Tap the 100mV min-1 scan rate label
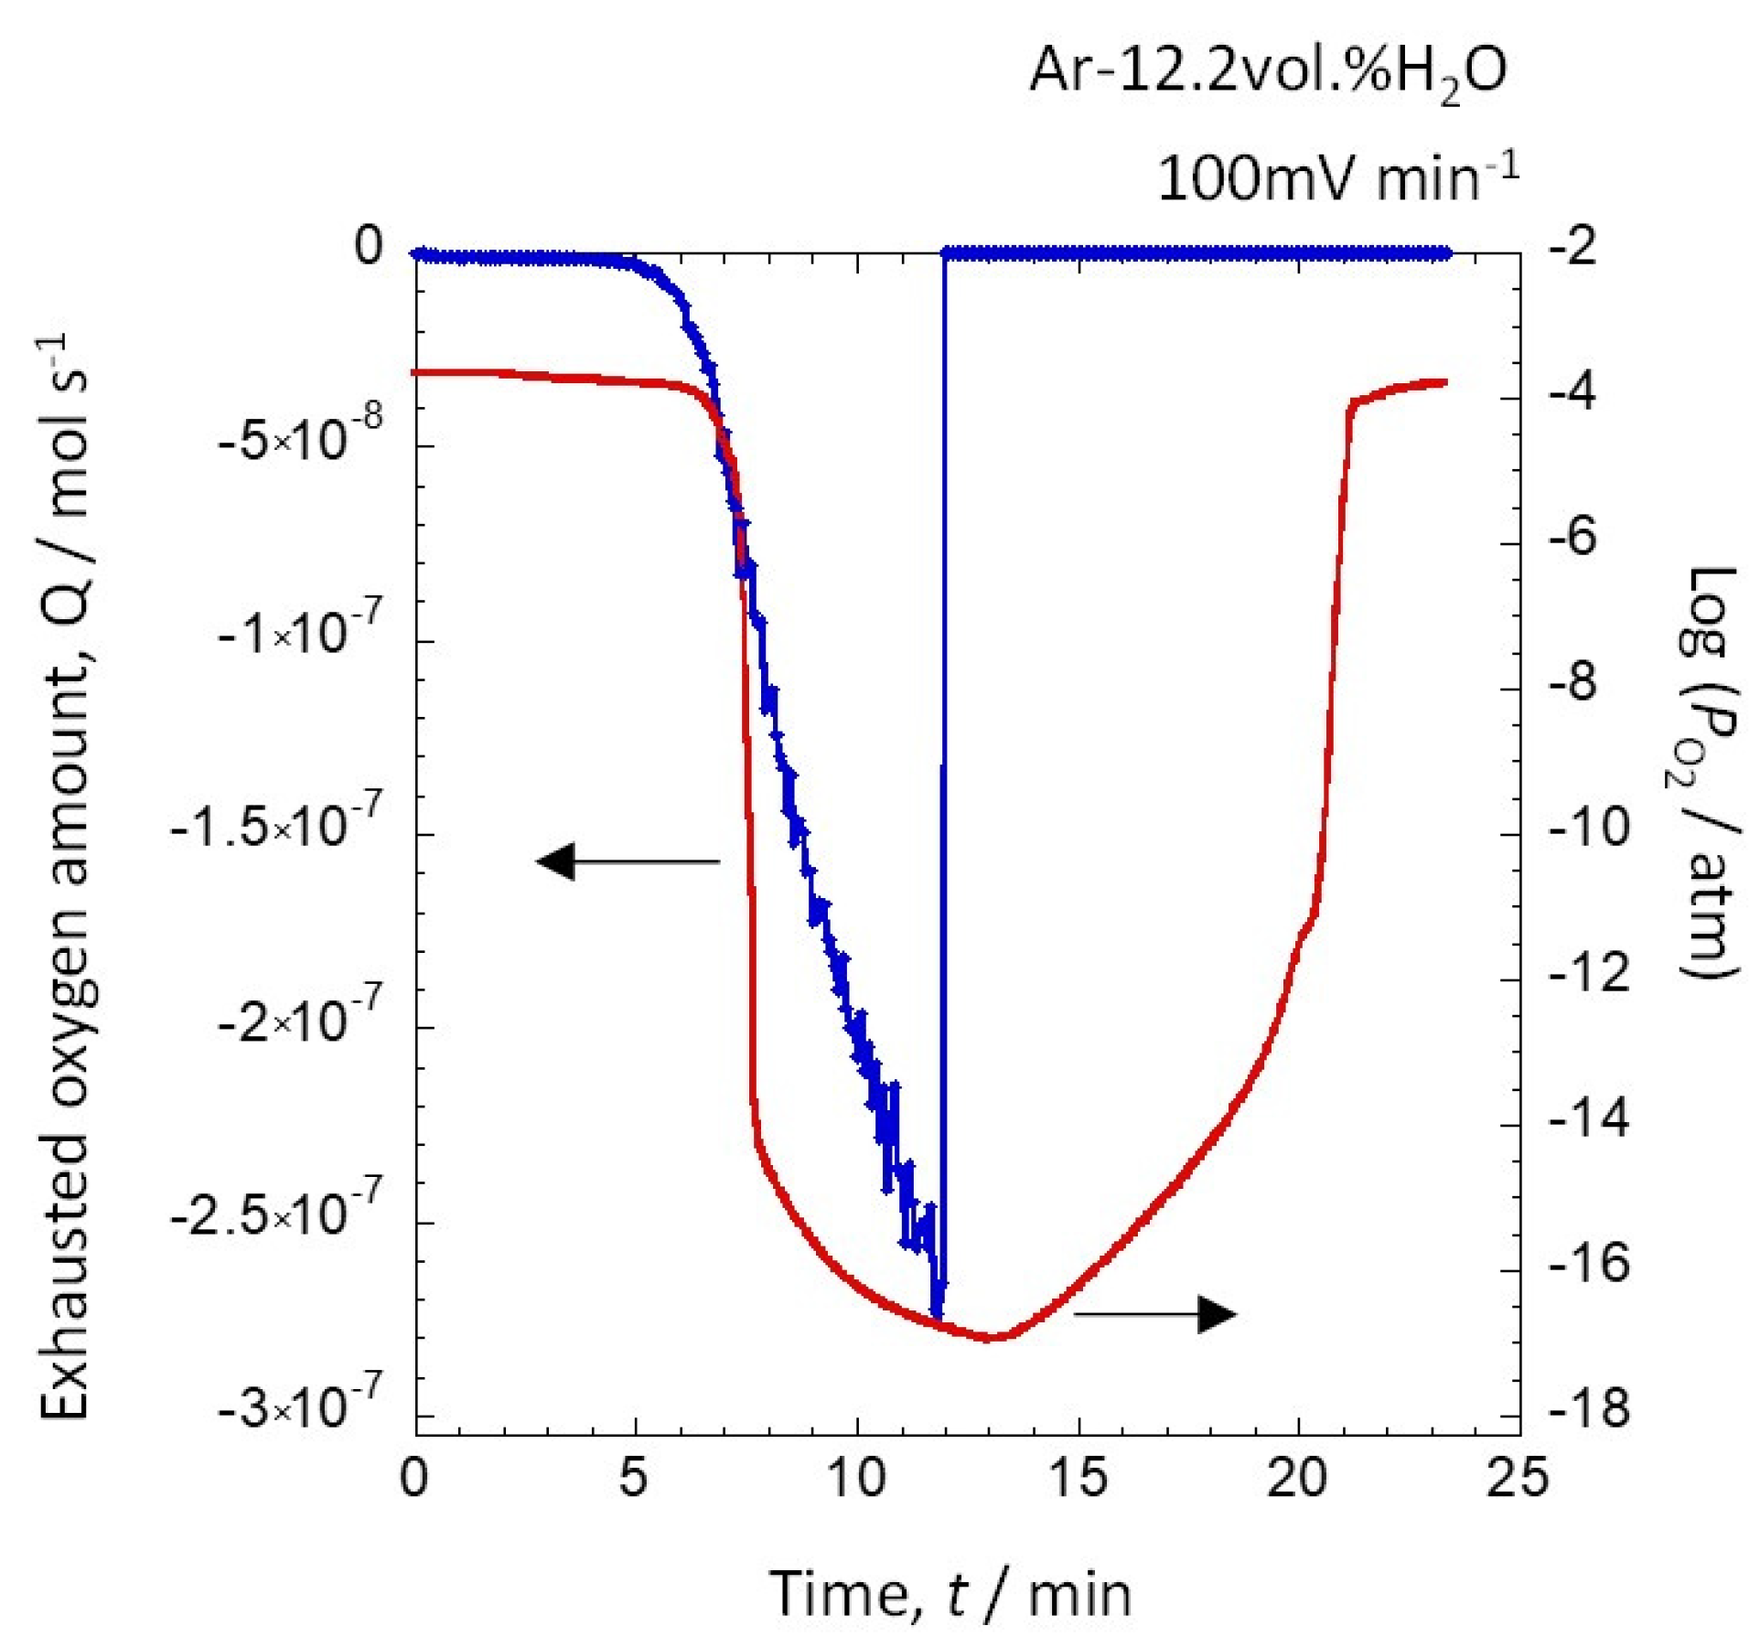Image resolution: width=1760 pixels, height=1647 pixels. tap(1337, 177)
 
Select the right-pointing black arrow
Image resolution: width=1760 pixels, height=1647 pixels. tap(1155, 1314)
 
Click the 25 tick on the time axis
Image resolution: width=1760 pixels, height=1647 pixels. tap(1518, 1478)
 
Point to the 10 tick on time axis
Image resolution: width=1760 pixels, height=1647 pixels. tap(857, 1478)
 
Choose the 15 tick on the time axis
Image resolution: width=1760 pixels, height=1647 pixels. tap(1078, 1478)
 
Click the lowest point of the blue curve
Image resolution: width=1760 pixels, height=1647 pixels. tap(936, 1314)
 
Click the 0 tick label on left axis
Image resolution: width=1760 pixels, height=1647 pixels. tap(370, 247)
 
